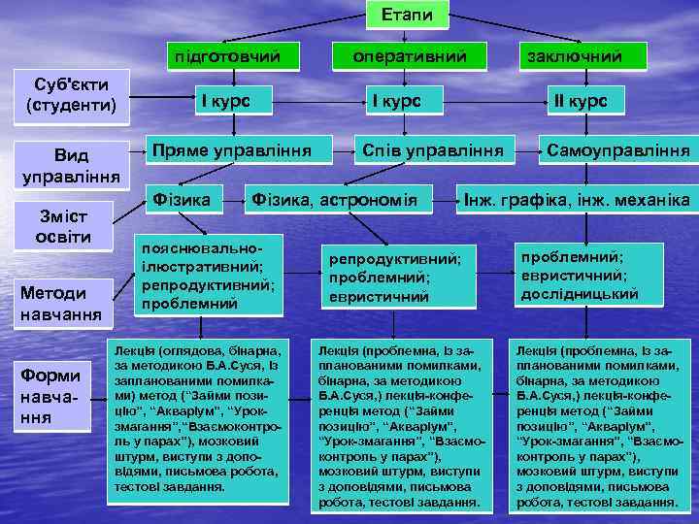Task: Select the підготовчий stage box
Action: coord(229,56)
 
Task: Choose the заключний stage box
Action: coord(575,56)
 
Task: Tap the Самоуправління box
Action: coord(618,150)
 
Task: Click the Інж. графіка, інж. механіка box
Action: coord(577,201)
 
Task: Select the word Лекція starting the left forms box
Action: coord(130,349)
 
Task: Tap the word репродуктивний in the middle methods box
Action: coord(394,260)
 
